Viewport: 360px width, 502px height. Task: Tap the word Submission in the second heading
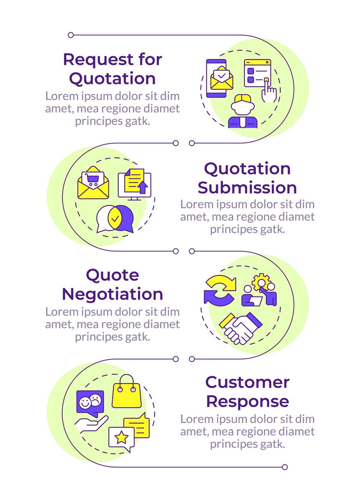[x=247, y=188]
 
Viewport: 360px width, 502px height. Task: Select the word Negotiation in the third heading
[x=112, y=294]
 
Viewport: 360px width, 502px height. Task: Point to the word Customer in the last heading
[x=247, y=382]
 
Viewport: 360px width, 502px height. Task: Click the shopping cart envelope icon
[x=93, y=183]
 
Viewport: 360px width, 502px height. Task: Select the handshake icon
[x=240, y=328]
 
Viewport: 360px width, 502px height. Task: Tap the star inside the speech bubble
[x=122, y=438]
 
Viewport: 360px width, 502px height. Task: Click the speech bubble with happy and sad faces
[x=90, y=403]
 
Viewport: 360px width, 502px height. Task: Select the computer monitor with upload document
[x=135, y=184]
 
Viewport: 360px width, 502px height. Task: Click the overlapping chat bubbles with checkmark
[x=115, y=219]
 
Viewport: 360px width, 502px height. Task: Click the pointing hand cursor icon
[x=268, y=91]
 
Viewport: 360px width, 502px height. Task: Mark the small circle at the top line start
[x=71, y=35]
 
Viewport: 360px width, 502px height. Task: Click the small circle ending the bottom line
[x=285, y=467]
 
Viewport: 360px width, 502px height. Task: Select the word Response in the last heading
[x=247, y=401]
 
